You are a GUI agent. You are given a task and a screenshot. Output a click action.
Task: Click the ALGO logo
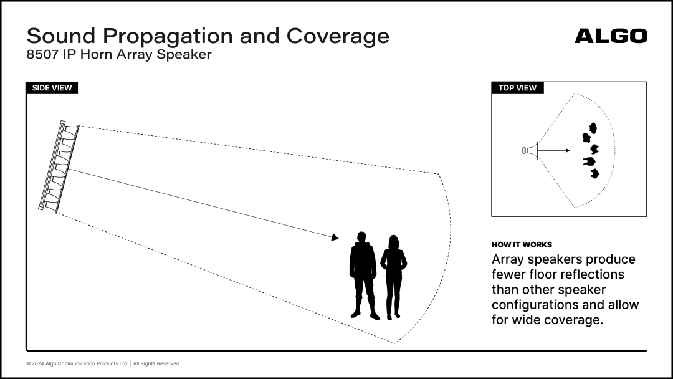611,36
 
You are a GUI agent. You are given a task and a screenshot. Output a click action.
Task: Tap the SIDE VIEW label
52,87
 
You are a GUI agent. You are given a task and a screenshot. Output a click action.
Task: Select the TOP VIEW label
517,87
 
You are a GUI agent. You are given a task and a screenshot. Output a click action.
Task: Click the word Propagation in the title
169,37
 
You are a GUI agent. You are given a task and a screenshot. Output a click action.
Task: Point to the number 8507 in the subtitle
42,54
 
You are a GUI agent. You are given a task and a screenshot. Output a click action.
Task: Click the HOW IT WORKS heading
522,244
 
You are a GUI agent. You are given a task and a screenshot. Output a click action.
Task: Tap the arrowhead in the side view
335,237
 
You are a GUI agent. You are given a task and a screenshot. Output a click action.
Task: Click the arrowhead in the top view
568,150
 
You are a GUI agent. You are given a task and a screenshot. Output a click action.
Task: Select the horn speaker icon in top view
530,150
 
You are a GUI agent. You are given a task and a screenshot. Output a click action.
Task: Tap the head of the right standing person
394,242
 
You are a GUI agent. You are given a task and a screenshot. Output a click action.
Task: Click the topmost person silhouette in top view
593,128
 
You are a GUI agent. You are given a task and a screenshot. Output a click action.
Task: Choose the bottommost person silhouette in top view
594,173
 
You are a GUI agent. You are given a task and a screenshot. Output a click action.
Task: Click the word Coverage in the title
338,36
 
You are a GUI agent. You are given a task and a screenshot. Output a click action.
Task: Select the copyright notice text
103,363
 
